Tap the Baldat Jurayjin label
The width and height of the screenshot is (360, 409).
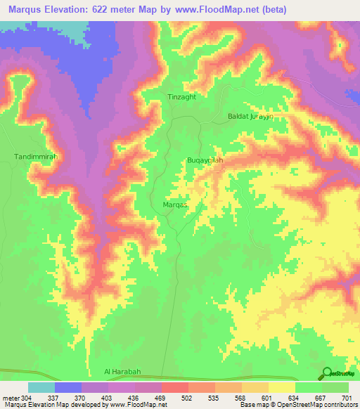pyautogui.click(x=250, y=117)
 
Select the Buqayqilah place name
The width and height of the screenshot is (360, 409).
pyautogui.click(x=206, y=161)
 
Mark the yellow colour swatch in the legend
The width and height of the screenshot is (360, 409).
pyautogui.click(x=282, y=387)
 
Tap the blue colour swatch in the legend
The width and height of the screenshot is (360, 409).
pyautogui.click(x=68, y=387)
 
